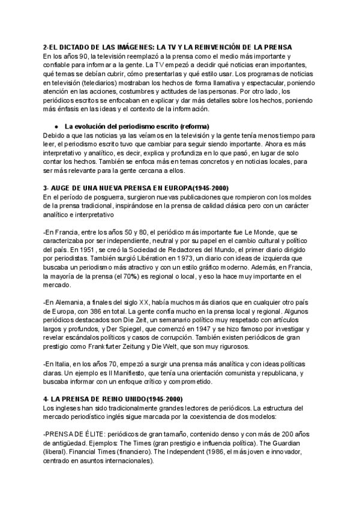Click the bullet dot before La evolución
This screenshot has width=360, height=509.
click(x=55, y=127)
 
